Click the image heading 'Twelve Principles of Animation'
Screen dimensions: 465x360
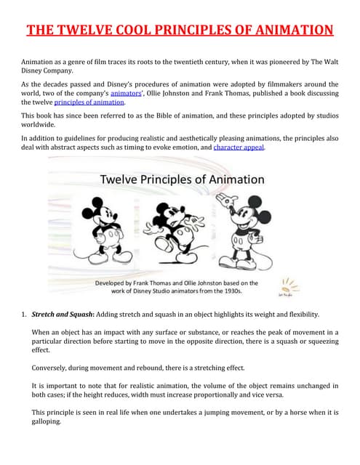(182, 179)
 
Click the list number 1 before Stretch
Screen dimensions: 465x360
(24, 314)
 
